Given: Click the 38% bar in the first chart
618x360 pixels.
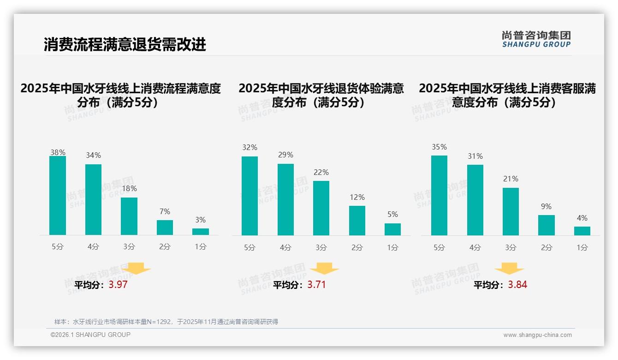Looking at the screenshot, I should [x=58, y=196].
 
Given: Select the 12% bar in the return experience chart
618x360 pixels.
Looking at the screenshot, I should [x=357, y=221].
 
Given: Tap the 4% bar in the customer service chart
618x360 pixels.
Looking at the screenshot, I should [x=582, y=231].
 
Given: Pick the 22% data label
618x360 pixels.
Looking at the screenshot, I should [x=321, y=173].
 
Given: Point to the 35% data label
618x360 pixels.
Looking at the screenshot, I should [x=439, y=147].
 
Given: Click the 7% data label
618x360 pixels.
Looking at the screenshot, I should [x=165, y=212].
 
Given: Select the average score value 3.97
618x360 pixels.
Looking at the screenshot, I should [x=118, y=285].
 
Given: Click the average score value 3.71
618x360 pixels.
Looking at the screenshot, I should [x=316, y=285].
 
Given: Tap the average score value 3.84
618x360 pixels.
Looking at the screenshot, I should [x=517, y=285].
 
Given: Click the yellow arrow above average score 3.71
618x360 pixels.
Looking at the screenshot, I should [x=324, y=269].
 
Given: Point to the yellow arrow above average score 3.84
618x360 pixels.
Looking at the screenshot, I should [x=509, y=269].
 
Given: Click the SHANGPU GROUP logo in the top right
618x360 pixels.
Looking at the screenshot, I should [x=536, y=39].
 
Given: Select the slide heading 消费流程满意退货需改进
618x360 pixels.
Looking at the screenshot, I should [x=125, y=44].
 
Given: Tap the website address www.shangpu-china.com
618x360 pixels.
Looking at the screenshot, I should [x=537, y=335].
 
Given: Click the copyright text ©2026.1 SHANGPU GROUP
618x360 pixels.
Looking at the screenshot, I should [x=90, y=335].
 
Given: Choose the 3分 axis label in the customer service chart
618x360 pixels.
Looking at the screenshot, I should [x=511, y=248].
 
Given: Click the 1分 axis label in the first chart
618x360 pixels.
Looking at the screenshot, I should [x=201, y=247].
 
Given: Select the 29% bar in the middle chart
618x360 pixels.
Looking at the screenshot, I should [x=285, y=199].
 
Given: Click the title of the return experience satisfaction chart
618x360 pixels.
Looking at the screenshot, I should [x=321, y=95].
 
